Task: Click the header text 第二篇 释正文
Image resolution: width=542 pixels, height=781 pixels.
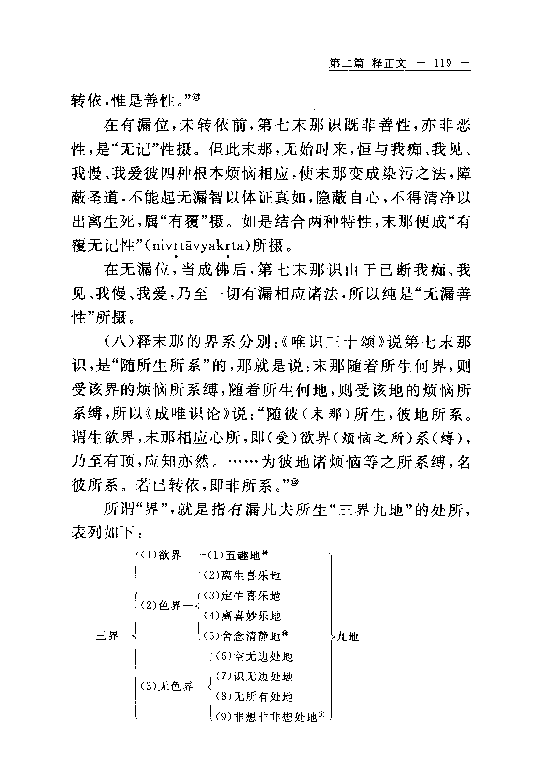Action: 368,63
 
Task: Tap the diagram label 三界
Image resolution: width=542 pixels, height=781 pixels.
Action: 107,635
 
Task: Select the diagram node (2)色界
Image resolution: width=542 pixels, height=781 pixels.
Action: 161,605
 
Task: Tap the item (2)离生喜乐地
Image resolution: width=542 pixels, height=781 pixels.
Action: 242,576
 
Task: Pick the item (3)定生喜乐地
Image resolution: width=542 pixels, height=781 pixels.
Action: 242,596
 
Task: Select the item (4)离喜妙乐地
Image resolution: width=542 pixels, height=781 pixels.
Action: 242,616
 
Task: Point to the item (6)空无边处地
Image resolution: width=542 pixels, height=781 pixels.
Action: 254,656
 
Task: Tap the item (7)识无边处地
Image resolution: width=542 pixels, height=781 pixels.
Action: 254,676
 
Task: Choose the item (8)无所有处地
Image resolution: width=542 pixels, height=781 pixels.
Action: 254,697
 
